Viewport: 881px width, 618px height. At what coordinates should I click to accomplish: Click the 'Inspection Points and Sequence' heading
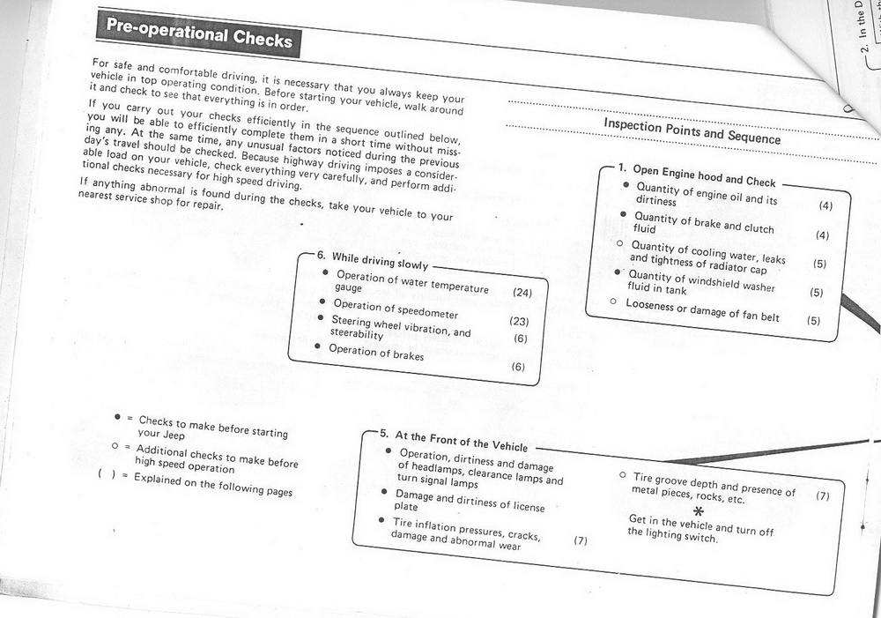(x=692, y=130)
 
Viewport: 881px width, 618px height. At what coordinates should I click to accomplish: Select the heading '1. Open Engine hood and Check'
(x=695, y=175)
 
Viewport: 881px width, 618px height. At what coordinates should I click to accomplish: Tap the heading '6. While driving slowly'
(x=373, y=262)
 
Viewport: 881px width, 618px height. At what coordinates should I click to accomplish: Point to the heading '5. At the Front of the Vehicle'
(x=454, y=441)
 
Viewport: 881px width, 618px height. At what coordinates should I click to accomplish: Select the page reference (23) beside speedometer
(x=519, y=322)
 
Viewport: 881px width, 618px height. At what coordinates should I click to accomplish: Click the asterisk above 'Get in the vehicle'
(x=700, y=512)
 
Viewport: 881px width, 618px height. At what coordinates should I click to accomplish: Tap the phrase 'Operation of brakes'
(x=376, y=353)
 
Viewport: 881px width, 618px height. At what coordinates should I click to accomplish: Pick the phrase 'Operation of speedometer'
(x=396, y=309)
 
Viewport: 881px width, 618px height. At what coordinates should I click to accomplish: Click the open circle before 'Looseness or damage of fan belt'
(x=613, y=302)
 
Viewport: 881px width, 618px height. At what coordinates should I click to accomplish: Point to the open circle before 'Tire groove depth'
(x=622, y=474)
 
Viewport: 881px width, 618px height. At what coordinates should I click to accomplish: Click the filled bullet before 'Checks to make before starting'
(x=118, y=415)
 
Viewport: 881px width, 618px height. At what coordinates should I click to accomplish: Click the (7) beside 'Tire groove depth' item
(x=823, y=496)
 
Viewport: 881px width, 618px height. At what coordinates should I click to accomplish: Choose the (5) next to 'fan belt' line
(x=813, y=321)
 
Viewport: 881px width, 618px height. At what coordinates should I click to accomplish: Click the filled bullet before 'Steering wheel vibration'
(x=324, y=317)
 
